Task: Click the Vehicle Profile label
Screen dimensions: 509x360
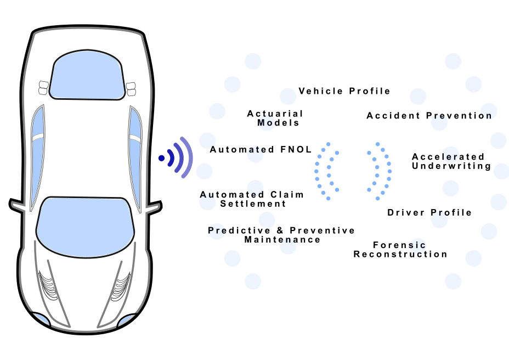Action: [344, 91]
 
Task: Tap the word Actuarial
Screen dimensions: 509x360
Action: [275, 114]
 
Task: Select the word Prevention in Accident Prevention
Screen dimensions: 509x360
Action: [459, 116]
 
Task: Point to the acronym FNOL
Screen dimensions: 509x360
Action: [296, 149]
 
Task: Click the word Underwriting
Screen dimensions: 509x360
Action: [451, 166]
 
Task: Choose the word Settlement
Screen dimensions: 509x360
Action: [253, 204]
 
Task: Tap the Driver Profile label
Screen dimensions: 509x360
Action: [429, 212]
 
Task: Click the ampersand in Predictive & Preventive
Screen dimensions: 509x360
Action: [280, 230]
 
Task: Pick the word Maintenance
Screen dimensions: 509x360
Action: [282, 240]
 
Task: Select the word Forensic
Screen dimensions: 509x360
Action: [399, 245]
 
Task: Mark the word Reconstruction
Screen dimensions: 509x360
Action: [400, 254]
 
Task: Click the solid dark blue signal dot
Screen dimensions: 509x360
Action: [161, 158]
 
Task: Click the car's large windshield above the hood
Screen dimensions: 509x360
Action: [86, 227]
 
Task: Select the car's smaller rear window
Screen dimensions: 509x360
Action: [87, 75]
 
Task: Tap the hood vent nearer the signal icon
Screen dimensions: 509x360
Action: [121, 286]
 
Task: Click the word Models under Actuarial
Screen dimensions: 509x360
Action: [278, 123]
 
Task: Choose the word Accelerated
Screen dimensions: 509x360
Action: [448, 157]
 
